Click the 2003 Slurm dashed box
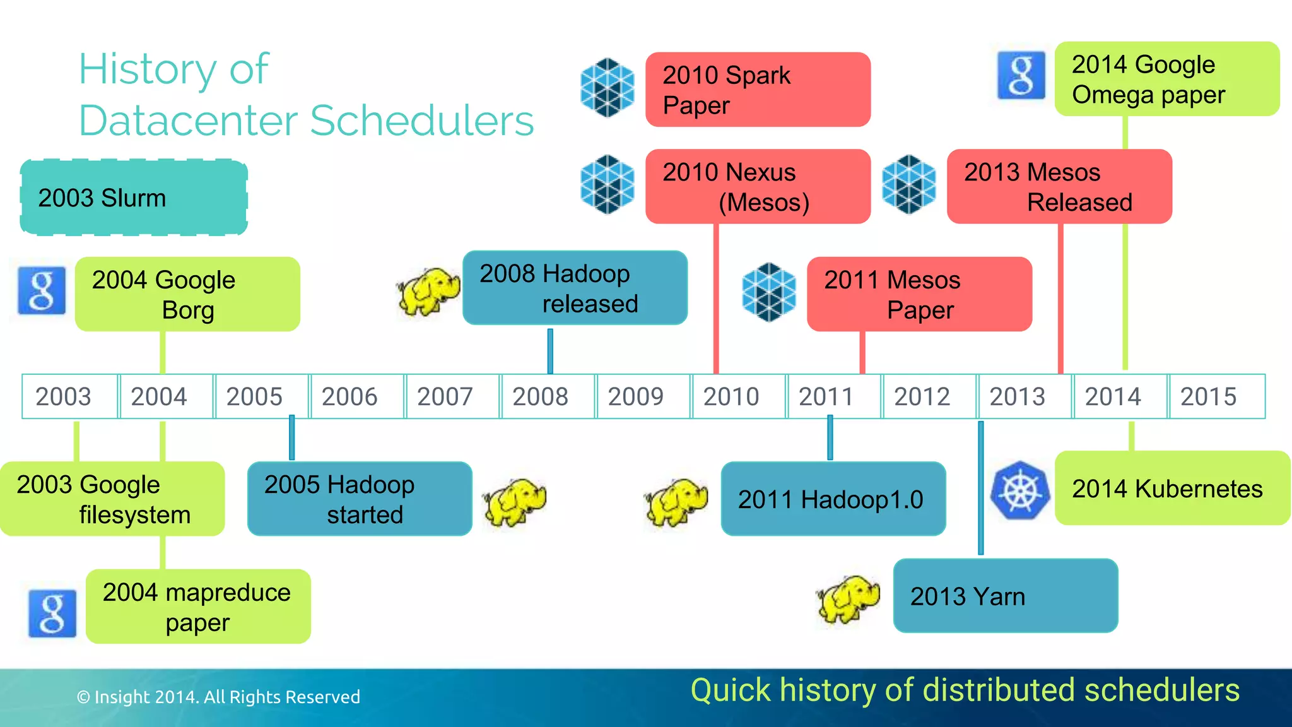coord(134,198)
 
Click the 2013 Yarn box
coord(1005,596)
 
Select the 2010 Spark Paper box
coord(758,90)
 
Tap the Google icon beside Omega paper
coord(1021,76)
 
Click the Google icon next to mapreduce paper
coord(52,613)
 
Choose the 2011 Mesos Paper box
coord(919,294)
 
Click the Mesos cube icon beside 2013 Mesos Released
coord(908,184)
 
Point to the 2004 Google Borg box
coord(187,294)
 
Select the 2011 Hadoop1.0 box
coord(833,499)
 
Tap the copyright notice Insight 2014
coord(218,697)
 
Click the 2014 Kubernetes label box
coord(1172,488)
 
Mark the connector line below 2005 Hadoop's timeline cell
coord(291,439)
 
